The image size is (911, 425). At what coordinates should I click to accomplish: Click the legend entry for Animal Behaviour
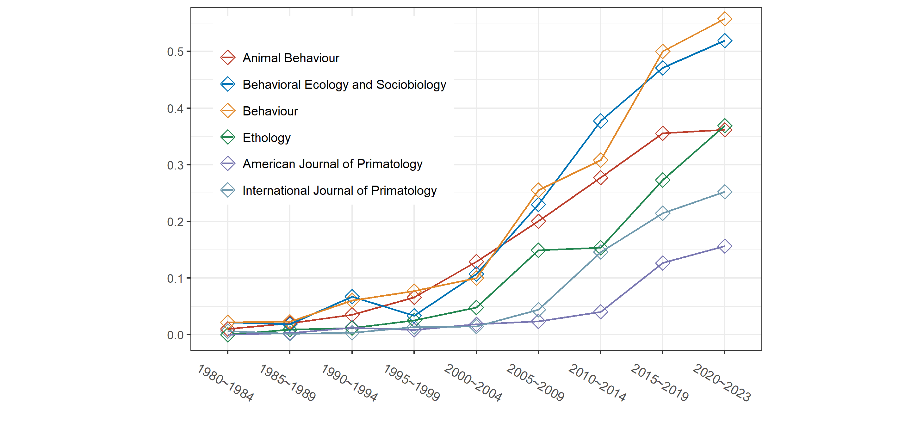coord(291,58)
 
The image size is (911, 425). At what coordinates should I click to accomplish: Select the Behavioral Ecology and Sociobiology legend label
coord(344,84)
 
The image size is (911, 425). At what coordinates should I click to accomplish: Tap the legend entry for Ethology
coord(266,138)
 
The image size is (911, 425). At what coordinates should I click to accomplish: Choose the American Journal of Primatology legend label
coord(332,164)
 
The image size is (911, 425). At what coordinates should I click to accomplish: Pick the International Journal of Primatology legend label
coord(339,191)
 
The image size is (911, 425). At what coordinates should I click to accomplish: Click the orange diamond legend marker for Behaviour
coord(228,111)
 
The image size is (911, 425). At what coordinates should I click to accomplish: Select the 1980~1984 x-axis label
coord(226,383)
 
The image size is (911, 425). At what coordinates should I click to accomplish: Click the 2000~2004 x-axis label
coord(473,383)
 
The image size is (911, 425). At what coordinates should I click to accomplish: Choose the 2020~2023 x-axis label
coord(722,383)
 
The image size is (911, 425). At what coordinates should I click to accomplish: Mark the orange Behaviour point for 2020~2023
coord(724,19)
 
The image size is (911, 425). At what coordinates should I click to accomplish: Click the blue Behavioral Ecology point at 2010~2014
coord(600,121)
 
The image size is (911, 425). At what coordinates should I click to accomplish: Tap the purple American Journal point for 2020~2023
coord(724,246)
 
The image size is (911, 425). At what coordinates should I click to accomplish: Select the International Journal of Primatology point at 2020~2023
coord(724,192)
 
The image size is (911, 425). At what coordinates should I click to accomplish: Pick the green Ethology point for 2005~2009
coord(538,250)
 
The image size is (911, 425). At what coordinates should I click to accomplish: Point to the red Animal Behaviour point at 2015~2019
coord(662,133)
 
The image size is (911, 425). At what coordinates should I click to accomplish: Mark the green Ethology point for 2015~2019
coord(662,180)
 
